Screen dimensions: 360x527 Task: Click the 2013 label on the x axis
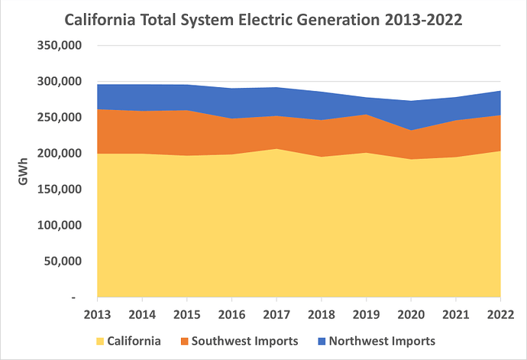click(x=96, y=313)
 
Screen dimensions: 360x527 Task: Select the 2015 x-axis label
click(x=186, y=313)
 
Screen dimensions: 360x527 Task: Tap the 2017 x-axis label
click(x=276, y=313)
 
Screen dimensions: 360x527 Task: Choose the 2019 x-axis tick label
click(x=366, y=313)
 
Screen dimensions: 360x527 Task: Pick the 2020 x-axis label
click(x=411, y=313)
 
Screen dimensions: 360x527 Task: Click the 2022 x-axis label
click(x=500, y=313)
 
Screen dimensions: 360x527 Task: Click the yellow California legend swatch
click(x=100, y=341)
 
